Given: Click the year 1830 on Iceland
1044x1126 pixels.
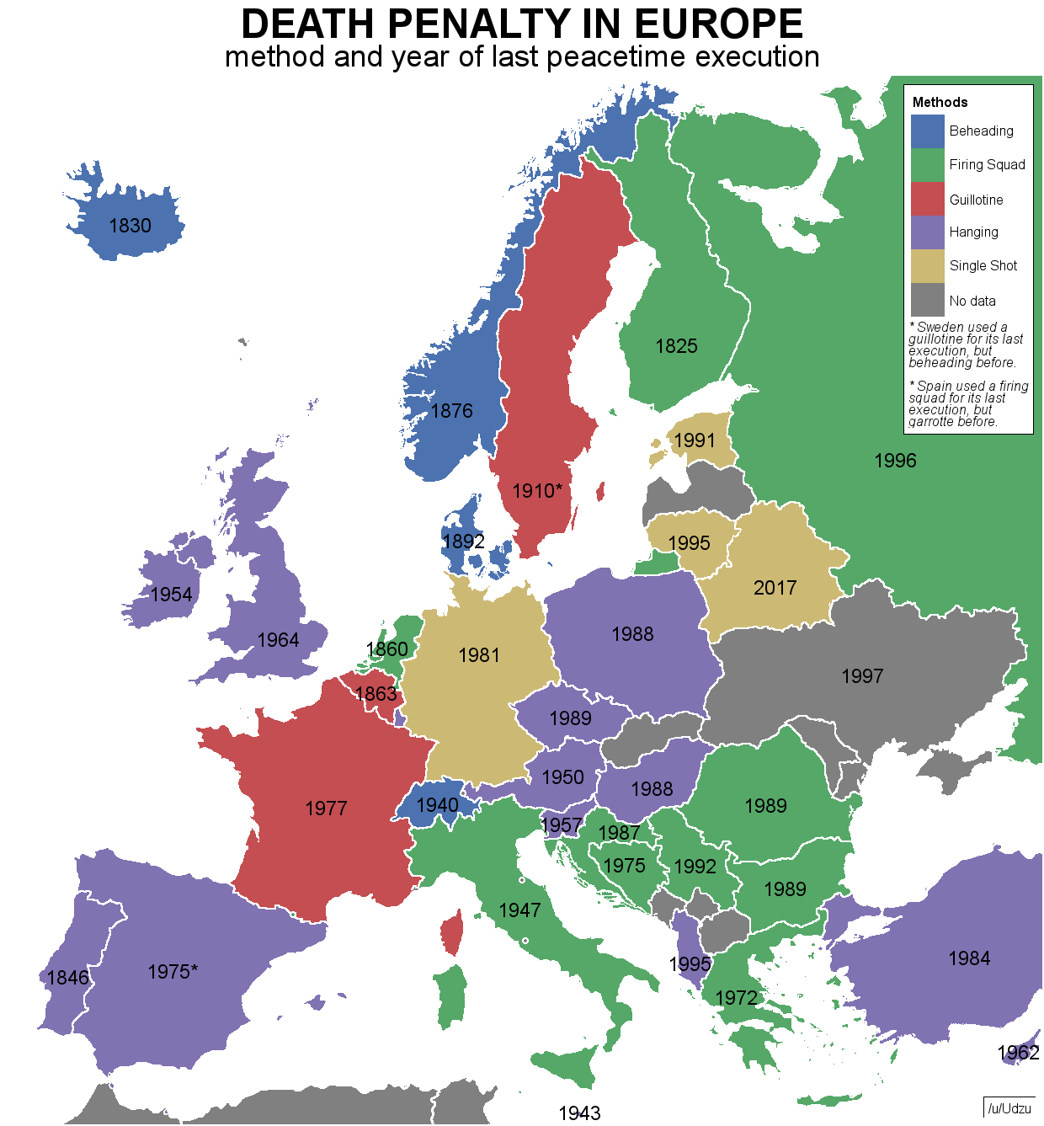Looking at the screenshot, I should pos(130,226).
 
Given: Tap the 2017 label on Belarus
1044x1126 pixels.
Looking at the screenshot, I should pos(775,588).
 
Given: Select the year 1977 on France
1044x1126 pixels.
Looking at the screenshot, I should pos(326,808).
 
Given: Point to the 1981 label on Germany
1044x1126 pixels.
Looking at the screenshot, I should pos(479,655).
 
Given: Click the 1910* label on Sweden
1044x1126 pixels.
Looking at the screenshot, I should pos(537,491).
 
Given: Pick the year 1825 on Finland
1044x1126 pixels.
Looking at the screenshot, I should pos(676,346).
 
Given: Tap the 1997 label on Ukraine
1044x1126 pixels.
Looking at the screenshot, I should pos(862,676).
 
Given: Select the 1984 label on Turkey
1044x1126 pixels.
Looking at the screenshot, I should pos(969,958).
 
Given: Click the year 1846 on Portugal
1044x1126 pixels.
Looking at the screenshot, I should pos(67,978).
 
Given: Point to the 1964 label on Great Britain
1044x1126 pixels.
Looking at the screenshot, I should pos(278,640).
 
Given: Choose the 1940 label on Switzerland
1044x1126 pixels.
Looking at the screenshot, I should pos(437,805).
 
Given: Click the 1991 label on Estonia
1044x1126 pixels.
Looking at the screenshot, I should pos(695,440).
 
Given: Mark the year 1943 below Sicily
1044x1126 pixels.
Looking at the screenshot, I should pos(579,1113).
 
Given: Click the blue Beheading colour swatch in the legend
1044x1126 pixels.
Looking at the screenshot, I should pos(927,131).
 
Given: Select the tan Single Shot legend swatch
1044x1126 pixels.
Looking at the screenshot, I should pos(927,266).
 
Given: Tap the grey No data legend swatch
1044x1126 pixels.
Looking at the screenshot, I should pos(927,301).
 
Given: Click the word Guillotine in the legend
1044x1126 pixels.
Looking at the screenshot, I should pos(976,200).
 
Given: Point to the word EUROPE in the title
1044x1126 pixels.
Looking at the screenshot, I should pos(718,24).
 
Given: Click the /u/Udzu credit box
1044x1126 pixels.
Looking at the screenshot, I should pos(1009,1108).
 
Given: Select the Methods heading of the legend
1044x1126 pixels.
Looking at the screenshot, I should pos(940,102).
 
